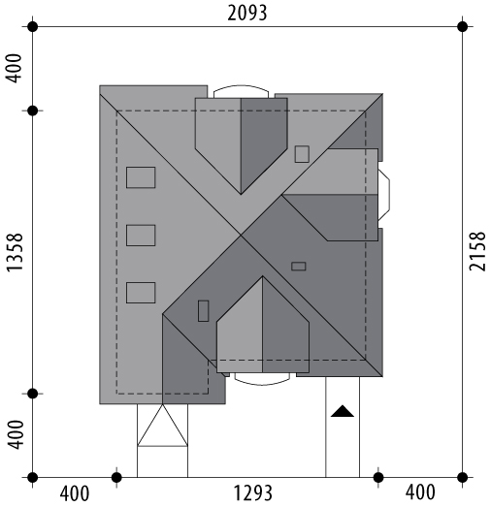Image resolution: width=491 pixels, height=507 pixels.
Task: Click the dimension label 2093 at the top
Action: [x=247, y=14]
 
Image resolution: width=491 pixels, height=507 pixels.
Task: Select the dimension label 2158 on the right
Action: [x=477, y=251]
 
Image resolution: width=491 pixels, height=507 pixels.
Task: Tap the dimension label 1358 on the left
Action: [x=15, y=252]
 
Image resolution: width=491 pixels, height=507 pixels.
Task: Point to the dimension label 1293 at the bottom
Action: [x=253, y=493]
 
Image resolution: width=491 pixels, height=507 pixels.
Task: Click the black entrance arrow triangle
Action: [x=343, y=411]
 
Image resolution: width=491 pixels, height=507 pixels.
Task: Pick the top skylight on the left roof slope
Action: [x=141, y=177]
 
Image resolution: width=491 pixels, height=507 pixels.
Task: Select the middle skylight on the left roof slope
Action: [x=141, y=236]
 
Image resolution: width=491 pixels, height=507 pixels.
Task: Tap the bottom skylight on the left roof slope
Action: [x=141, y=293]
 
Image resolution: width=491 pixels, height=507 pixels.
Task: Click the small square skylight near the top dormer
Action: [x=302, y=154]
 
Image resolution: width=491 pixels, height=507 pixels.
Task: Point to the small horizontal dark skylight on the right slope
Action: [x=299, y=267]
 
